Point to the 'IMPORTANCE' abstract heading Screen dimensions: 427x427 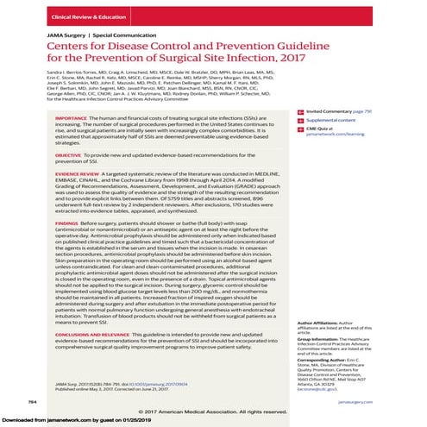(x=72, y=115)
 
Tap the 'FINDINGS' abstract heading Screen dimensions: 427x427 (x=68, y=223)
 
